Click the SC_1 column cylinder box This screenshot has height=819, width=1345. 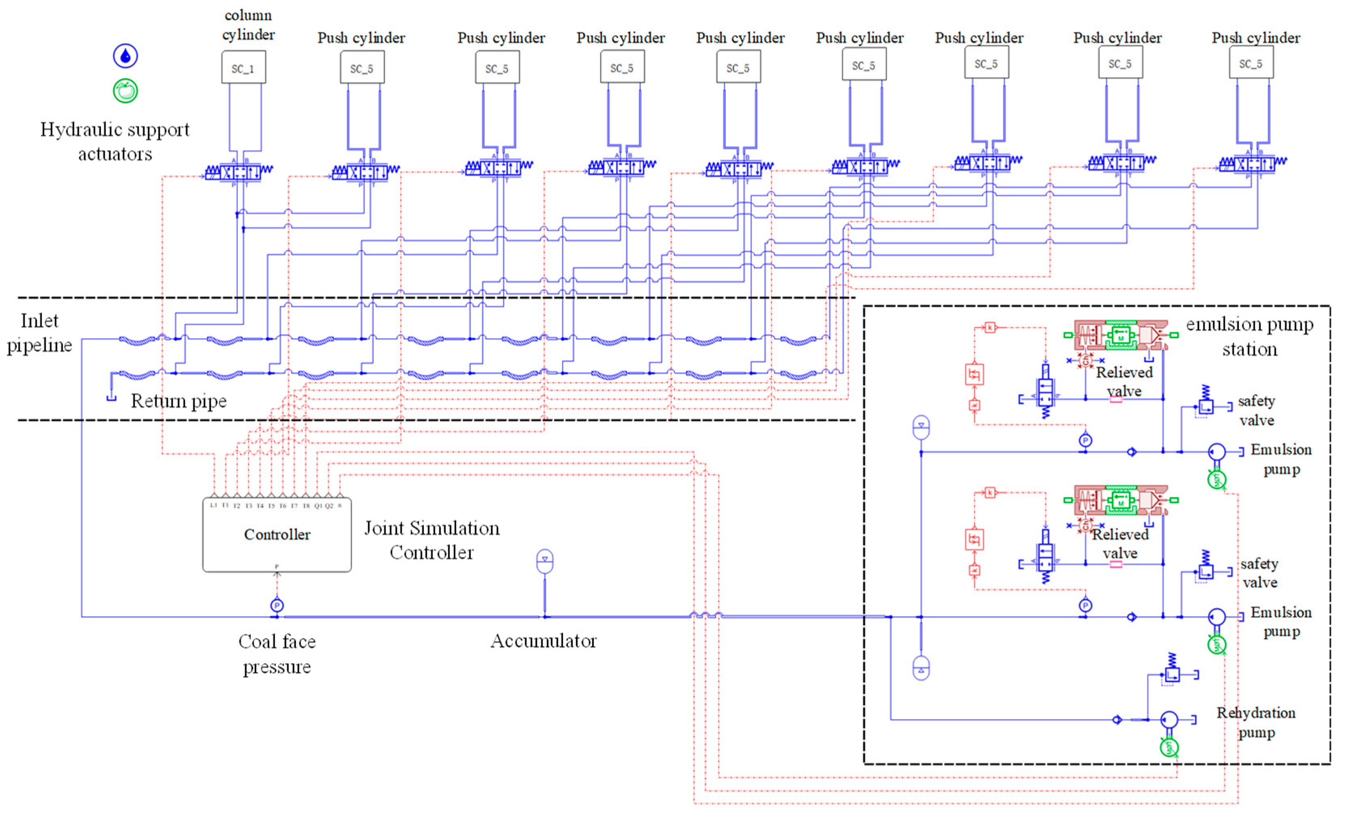(x=244, y=68)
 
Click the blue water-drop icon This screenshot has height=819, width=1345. (x=125, y=56)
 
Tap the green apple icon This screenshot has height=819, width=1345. (x=125, y=91)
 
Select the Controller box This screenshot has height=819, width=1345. (x=277, y=535)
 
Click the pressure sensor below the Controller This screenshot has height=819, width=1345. (x=277, y=605)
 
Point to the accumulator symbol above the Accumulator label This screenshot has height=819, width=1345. (x=545, y=562)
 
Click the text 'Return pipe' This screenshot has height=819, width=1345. (x=178, y=401)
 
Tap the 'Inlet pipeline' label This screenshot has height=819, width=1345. (x=39, y=333)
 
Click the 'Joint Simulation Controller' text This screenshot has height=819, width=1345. (x=431, y=540)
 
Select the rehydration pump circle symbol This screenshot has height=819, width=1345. (x=1169, y=719)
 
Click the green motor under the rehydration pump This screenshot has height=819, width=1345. (x=1169, y=747)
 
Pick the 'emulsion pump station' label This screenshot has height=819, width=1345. (x=1249, y=336)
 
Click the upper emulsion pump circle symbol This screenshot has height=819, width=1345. (x=1217, y=452)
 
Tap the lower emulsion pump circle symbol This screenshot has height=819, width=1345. (x=1217, y=617)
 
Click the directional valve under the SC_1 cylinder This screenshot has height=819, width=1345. (x=239, y=172)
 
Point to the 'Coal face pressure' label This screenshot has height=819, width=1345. (x=277, y=654)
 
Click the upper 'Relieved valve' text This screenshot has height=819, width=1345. (x=1124, y=381)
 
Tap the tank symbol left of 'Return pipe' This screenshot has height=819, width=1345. (x=111, y=397)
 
